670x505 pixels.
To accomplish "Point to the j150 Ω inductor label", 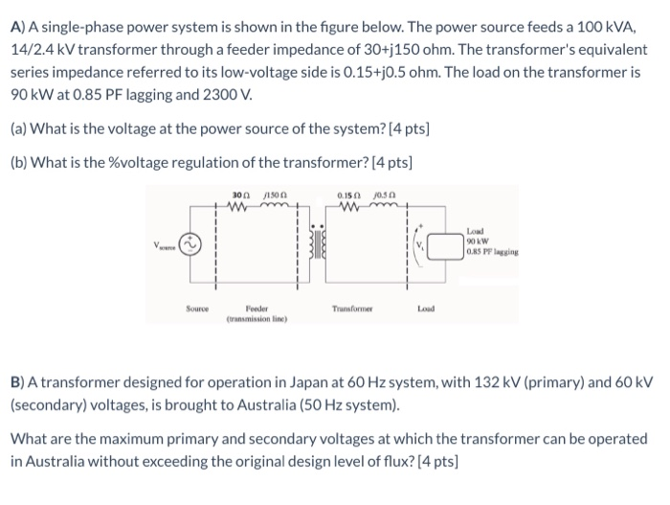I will (273, 197).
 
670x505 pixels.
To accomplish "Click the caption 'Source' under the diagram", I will (198, 308).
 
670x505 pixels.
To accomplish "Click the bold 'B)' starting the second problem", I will (17, 381).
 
